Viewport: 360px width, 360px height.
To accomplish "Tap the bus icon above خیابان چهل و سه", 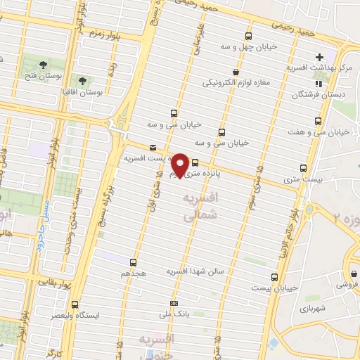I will pyautogui.click(x=247, y=37).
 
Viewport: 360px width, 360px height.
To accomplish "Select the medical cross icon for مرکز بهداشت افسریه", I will pyautogui.click(x=320, y=57).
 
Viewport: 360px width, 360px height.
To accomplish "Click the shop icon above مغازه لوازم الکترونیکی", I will pyautogui.click(x=235, y=72).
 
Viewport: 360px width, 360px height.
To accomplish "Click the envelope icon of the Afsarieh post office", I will pyautogui.click(x=153, y=147).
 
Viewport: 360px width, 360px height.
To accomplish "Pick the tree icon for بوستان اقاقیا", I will pyautogui.click(x=84, y=82).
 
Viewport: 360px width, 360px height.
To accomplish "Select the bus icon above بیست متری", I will pyautogui.click(x=304, y=168).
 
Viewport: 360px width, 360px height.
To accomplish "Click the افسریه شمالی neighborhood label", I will pyautogui.click(x=200, y=209).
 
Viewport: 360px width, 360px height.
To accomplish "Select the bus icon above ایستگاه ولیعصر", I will pyautogui.click(x=75, y=304).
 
